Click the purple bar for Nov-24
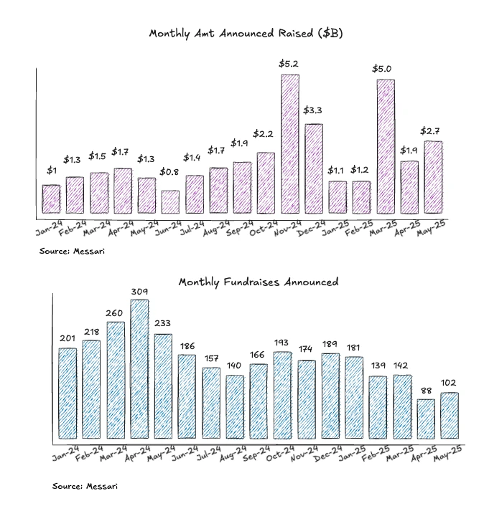coord(290,144)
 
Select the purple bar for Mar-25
coord(386,146)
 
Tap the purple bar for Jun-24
coord(170,202)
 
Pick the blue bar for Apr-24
coord(139,369)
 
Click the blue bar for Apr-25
coord(426,419)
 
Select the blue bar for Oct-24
coord(283,395)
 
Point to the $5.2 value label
coord(289,64)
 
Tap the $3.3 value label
coord(313,110)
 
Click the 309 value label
coord(139,291)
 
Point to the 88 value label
coord(426,390)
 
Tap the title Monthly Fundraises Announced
coord(258,282)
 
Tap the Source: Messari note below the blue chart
coord(85,486)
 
